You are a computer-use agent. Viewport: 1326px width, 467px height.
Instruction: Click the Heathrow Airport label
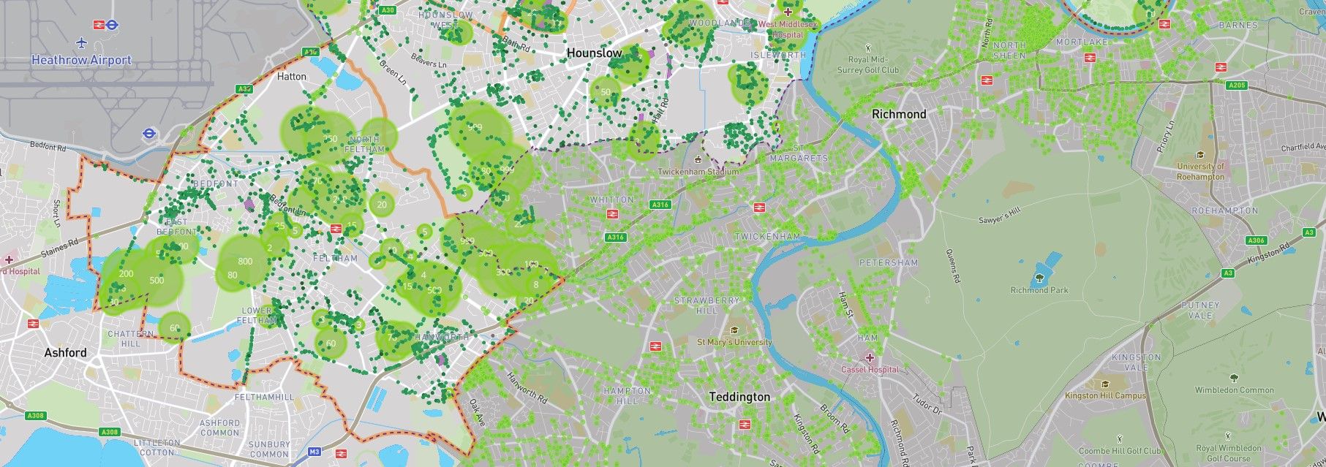81,60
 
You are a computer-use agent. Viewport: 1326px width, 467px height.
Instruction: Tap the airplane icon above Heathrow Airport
81,43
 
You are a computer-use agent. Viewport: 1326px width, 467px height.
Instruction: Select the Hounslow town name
595,53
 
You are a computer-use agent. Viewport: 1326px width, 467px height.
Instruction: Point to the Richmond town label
899,114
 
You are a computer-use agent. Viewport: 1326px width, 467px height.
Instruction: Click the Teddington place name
739,397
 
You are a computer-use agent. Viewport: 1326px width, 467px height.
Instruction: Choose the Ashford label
65,352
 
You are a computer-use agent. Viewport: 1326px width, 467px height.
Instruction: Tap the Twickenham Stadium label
698,172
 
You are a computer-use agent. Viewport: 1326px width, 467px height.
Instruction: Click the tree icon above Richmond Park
1039,278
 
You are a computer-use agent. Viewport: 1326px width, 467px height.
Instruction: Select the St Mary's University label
734,342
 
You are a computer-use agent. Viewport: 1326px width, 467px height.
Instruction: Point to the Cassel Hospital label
870,369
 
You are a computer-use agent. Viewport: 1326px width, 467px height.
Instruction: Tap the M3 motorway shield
314,452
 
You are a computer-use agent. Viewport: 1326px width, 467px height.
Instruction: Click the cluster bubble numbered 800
245,261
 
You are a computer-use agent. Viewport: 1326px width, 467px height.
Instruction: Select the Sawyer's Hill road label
999,216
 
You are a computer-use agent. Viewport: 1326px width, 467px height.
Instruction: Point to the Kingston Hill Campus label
1105,395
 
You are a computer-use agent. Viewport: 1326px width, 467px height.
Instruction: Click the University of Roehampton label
1200,171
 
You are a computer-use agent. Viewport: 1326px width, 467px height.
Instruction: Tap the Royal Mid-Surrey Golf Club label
873,65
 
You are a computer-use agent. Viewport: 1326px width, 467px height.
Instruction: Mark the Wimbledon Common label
1235,390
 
